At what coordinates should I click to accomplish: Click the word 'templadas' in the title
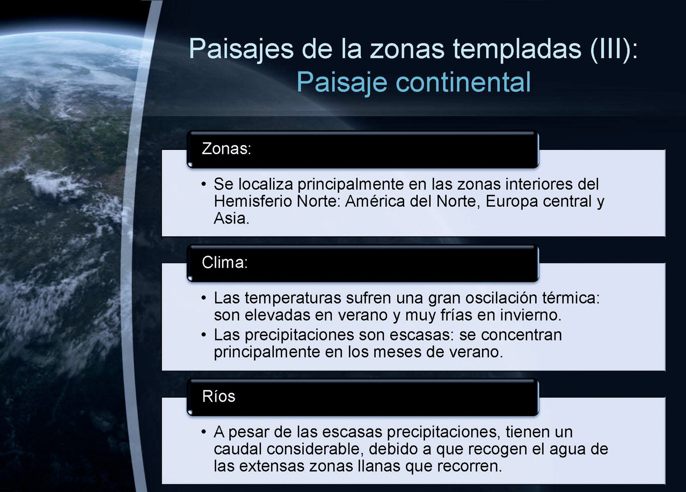pos(516,49)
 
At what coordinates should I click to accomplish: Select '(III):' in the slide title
pos(614,49)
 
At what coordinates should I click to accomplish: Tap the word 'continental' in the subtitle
pos(463,82)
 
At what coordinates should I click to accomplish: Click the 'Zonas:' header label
pos(227,149)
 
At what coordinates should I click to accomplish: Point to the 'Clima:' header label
pos(225,263)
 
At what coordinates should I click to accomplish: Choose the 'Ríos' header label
pos(218,396)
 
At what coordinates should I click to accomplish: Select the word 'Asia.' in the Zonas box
pos(231,219)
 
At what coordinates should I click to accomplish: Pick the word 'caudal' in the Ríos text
pos(238,449)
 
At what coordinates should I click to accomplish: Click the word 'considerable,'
pos(315,449)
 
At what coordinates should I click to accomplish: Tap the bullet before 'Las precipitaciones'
pos(204,335)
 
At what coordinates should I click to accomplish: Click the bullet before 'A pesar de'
pos(204,432)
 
